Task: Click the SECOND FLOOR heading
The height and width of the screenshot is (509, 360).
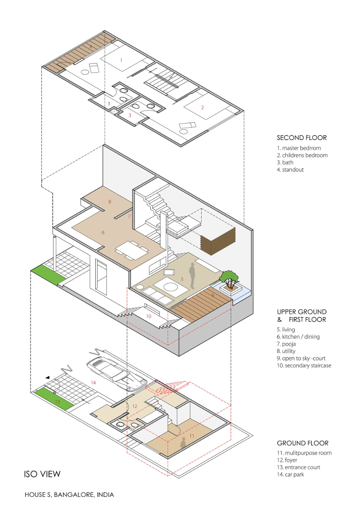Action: click(301, 138)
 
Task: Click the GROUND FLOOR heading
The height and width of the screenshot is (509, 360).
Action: click(302, 443)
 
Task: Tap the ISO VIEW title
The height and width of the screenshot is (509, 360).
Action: click(42, 474)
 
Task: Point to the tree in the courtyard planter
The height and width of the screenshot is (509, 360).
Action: click(230, 277)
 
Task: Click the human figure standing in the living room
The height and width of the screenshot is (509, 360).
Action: click(192, 275)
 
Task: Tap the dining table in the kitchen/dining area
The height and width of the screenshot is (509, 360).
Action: click(132, 250)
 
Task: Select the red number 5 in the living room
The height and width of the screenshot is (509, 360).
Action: click(182, 279)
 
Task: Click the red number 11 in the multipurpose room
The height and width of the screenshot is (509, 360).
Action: click(191, 436)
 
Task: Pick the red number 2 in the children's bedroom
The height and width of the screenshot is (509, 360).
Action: click(203, 107)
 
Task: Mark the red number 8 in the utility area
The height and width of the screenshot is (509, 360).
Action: click(109, 202)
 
